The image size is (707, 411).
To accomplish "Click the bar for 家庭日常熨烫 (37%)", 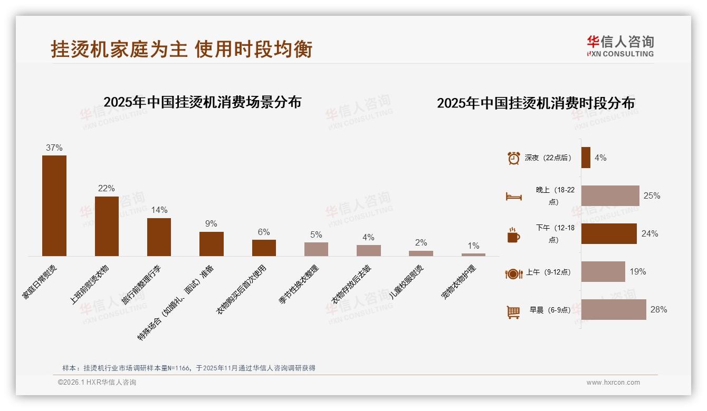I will click(x=54, y=205).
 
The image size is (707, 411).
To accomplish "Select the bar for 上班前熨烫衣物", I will click(x=107, y=226).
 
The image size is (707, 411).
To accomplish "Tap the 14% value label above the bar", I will click(x=159, y=210).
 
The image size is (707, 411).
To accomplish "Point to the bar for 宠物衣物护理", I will click(x=473, y=255).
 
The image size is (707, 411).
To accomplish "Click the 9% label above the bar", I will click(x=211, y=224).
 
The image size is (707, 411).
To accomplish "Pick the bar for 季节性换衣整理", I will click(x=316, y=249).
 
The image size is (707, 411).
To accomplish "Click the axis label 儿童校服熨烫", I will click(x=407, y=282).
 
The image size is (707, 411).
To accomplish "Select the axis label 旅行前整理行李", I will click(x=141, y=285).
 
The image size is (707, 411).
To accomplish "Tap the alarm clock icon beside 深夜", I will click(x=513, y=158).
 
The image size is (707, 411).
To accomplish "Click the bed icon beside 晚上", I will click(x=513, y=197).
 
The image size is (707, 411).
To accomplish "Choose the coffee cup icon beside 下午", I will click(x=513, y=235).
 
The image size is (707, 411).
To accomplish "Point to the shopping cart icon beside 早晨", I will click(x=513, y=312).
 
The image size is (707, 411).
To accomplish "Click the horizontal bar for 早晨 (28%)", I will click(x=614, y=310).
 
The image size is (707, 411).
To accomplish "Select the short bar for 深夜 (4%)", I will click(x=586, y=158).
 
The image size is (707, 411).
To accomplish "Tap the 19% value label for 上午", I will click(x=637, y=272).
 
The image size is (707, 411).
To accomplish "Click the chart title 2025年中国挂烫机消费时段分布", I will click(x=536, y=103).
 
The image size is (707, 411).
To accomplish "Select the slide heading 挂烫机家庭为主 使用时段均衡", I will click(x=181, y=49).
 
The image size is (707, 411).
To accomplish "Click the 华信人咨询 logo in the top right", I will click(x=620, y=46).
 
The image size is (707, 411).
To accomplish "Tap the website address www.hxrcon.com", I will click(x=613, y=383).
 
